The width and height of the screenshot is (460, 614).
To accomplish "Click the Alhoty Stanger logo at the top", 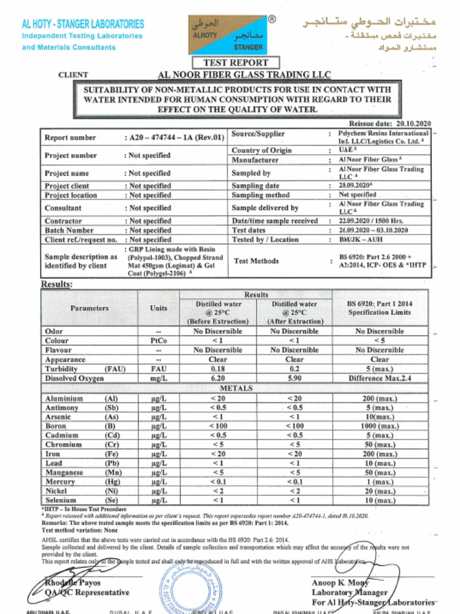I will coord(228,34).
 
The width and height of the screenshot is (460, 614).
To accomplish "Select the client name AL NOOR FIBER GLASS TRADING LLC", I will coord(244,75).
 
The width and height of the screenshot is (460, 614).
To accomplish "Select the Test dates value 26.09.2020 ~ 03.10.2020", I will coord(373,230).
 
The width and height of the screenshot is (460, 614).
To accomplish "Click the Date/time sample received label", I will coord(274,221).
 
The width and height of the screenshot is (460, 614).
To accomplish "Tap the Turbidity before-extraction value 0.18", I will coord(218,369).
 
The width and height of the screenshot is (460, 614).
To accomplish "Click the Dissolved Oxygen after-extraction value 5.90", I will coord(294,378).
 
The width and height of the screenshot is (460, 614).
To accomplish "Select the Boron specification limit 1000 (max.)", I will coord(379,426).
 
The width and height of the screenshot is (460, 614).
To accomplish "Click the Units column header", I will coord(159,308).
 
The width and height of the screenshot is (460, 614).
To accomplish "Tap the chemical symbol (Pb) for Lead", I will coord(112,463).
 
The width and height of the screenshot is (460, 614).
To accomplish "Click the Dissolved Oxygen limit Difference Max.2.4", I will coord(380,378).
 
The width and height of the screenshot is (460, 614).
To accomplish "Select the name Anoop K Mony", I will coord(340,583).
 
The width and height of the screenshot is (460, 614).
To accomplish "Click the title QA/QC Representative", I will coord(87,592).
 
